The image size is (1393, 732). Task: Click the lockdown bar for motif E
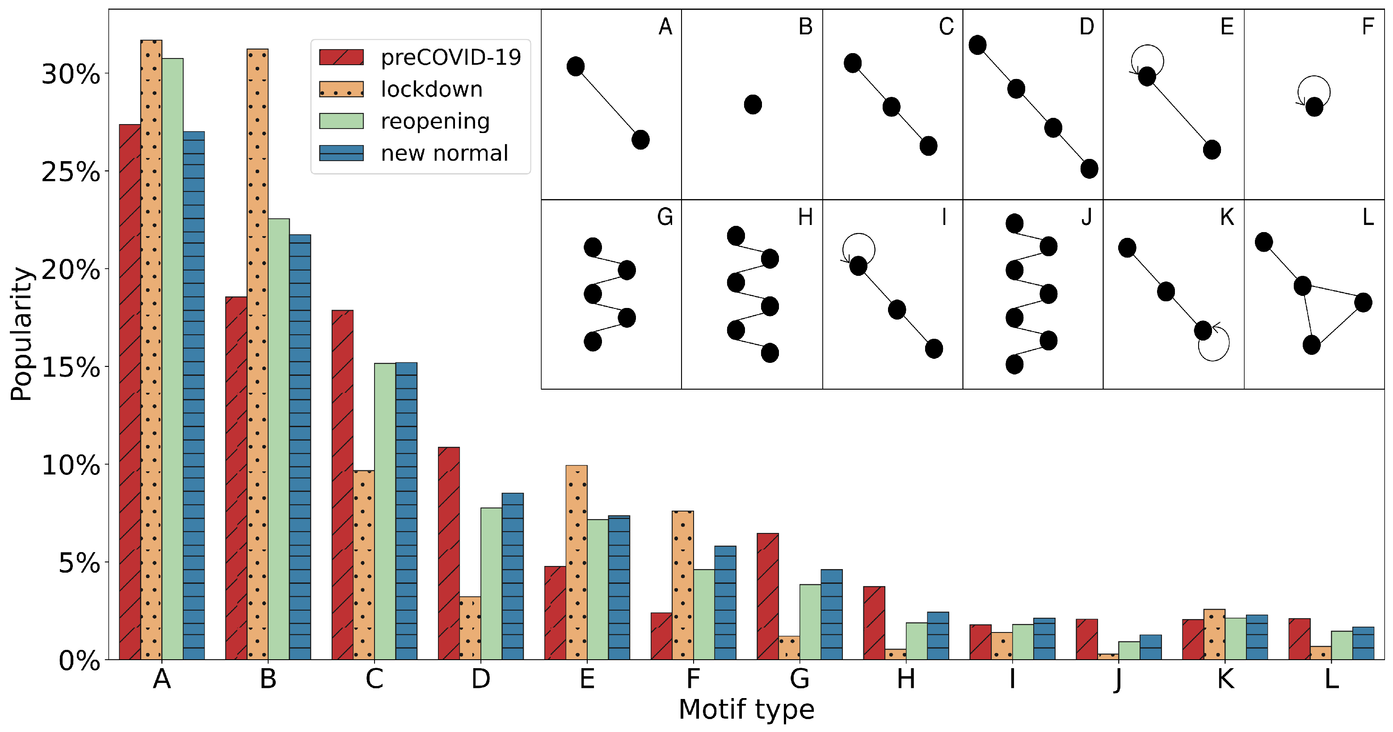(576, 562)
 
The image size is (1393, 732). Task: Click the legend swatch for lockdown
(341, 89)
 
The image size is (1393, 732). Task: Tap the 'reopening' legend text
(435, 121)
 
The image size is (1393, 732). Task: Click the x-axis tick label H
(906, 679)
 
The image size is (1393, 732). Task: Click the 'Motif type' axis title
(746, 709)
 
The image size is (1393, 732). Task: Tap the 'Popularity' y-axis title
(21, 334)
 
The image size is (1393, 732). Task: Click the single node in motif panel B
(752, 104)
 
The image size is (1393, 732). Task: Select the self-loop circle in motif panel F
(1313, 91)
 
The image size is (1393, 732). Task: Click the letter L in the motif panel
(1368, 217)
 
